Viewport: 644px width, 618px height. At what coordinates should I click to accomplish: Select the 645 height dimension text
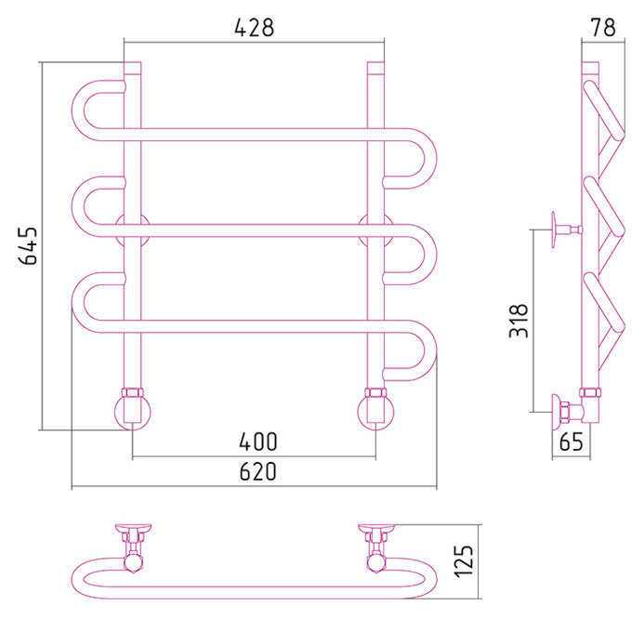[x=29, y=246]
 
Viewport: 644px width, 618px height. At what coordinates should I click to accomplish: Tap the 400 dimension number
[x=257, y=441]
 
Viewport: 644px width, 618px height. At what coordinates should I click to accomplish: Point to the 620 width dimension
[x=257, y=472]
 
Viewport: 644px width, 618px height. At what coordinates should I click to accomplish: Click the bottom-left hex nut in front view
[x=132, y=393]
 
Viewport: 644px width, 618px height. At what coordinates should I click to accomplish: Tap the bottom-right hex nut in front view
[x=375, y=393]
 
